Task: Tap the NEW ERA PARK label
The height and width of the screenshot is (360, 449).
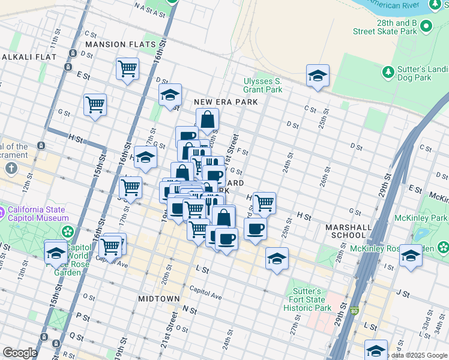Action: coord(226,103)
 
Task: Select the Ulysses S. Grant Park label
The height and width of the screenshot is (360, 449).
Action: coord(262,85)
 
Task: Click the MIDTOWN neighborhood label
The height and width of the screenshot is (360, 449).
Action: coord(159,298)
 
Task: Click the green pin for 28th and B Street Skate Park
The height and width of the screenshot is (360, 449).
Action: coord(426,26)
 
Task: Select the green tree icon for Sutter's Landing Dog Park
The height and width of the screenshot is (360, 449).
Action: coord(388,73)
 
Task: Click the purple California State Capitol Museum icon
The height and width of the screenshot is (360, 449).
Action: coord(13,212)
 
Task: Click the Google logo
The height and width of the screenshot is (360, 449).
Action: coord(20,353)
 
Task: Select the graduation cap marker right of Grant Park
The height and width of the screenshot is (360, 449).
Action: coord(318,76)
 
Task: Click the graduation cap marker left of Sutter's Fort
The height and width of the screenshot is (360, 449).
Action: coord(277,259)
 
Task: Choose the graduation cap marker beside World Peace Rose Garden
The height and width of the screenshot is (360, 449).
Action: coord(56,252)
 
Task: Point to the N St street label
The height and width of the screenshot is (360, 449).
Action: coord(190,310)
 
